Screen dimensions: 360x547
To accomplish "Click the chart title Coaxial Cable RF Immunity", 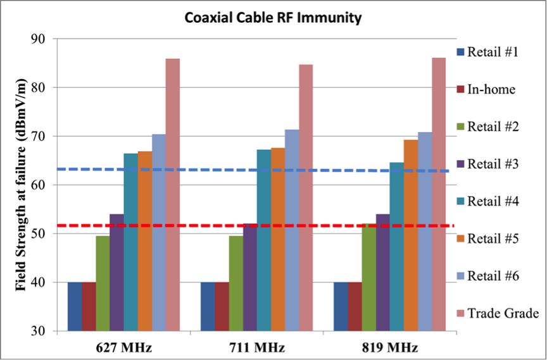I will point(273,18).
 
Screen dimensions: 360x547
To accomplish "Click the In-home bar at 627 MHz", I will point(89,306).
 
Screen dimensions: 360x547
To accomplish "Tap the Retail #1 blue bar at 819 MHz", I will point(341,306).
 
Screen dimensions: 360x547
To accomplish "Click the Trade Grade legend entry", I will point(503,313).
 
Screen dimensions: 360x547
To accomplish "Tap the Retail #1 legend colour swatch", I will point(460,52).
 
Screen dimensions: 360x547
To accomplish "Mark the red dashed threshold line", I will point(190,226).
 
